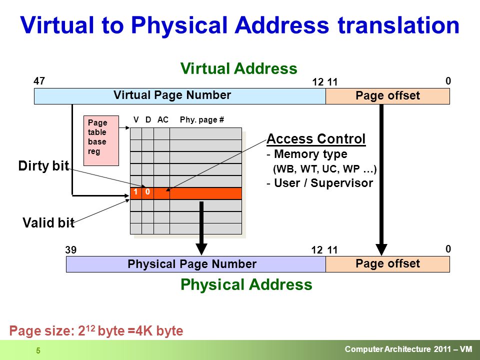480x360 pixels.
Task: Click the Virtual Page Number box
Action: pos(179,96)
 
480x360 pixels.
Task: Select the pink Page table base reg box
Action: pos(101,140)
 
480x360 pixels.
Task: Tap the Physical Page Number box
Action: pos(196,264)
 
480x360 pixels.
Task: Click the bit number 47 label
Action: pos(39,81)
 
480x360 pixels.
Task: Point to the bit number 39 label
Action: pos(70,250)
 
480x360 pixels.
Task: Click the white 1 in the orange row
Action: pos(135,191)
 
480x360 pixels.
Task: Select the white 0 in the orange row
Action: pos(147,191)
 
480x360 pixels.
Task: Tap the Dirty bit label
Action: pos(43,166)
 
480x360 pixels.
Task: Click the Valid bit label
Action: pos(48,222)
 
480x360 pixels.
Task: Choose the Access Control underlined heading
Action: pos(316,139)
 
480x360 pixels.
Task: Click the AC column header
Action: pos(163,119)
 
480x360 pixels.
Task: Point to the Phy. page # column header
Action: pos(201,120)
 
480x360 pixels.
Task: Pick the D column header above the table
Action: pos(148,119)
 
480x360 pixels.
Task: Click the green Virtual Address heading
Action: pos(239,68)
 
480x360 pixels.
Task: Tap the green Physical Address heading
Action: pos(246,284)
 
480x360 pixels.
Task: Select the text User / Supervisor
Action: pos(323,183)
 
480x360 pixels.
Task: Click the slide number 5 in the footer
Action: pos(38,350)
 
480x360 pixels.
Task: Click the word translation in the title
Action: pos(398,25)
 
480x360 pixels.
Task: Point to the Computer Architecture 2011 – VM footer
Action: pos(408,349)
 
